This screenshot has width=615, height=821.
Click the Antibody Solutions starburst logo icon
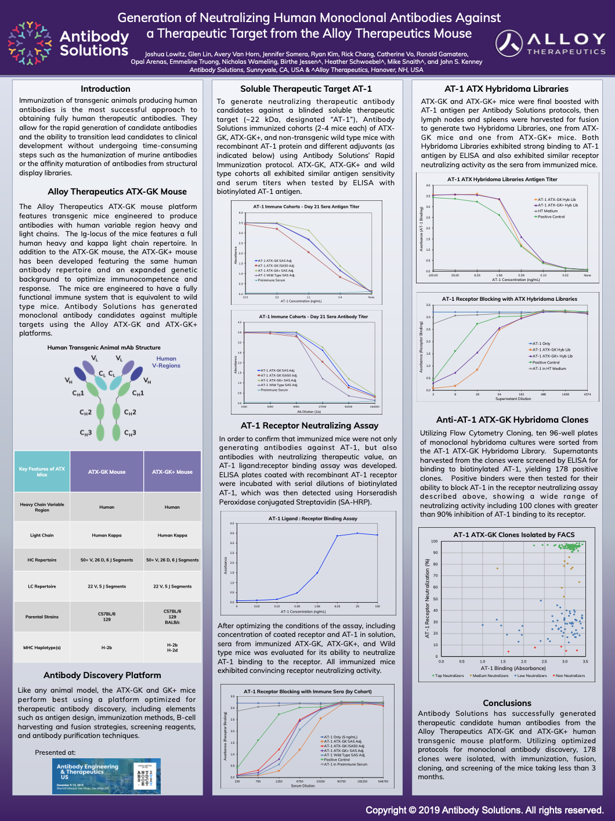click(x=30, y=42)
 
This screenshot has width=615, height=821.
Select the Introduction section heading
click(x=106, y=89)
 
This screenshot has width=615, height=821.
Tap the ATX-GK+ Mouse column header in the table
click(x=172, y=472)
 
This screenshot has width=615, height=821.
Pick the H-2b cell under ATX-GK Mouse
click(x=107, y=647)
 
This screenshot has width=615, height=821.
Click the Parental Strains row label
click(x=42, y=617)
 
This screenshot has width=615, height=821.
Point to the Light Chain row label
click(x=42, y=535)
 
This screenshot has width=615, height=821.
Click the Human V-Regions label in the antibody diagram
click(x=166, y=362)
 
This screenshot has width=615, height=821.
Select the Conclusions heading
click(x=507, y=703)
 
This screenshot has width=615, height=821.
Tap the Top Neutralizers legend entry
click(x=448, y=676)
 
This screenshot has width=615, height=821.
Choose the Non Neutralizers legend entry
click(x=569, y=676)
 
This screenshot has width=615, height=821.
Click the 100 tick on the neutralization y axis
click(x=434, y=541)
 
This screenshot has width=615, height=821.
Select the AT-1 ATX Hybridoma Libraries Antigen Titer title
click(x=502, y=179)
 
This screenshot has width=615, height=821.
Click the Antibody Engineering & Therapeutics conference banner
click(x=106, y=776)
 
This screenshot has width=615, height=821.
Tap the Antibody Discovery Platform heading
click(x=102, y=675)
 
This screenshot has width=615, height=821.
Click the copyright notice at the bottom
click(x=484, y=810)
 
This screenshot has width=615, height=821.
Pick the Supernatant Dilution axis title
click(x=513, y=399)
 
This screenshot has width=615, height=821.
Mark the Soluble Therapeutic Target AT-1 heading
click(x=306, y=89)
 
